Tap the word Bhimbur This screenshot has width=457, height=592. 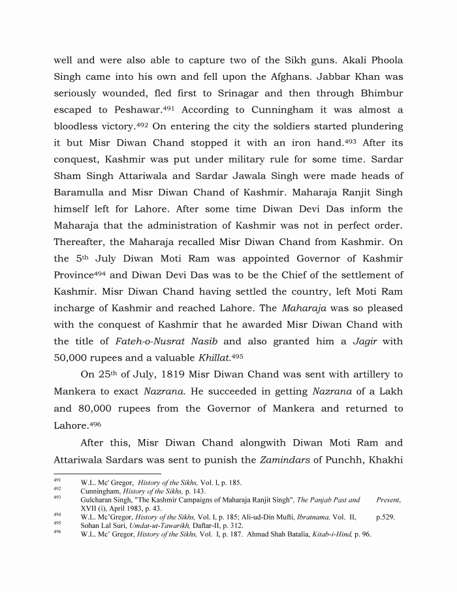(378, 93)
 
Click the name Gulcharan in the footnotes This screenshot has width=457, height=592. (99, 500)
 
